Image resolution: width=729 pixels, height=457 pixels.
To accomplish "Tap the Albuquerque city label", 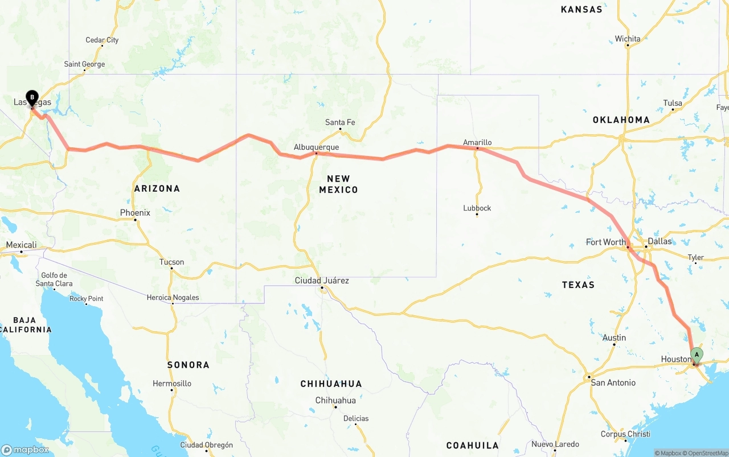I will [316, 147].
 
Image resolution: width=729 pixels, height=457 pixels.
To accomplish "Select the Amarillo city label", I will [477, 142].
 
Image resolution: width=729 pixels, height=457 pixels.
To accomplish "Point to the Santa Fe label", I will [340, 122].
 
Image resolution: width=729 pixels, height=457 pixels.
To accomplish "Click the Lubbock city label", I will [477, 208].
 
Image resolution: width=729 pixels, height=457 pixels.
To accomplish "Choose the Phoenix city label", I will [135, 213].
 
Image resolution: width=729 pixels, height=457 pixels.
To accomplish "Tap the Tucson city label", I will [171, 262].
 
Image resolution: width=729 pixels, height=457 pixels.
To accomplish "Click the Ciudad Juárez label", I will [322, 281].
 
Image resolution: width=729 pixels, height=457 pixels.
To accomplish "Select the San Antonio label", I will [613, 382].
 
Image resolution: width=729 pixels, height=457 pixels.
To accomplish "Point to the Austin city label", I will [614, 337].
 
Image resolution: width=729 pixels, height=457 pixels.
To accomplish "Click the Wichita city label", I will [628, 39].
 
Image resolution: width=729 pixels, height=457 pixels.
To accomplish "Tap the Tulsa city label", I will [673, 103].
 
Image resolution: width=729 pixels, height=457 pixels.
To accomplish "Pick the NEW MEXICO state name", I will [338, 184].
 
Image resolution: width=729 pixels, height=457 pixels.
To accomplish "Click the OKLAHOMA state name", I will [621, 120].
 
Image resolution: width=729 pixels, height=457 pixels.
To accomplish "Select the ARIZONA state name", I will [157, 188].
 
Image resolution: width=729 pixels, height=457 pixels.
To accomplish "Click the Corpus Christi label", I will [625, 434].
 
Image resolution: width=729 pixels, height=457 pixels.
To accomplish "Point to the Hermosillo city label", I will [172, 384].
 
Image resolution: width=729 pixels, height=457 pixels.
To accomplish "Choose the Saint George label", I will [84, 64].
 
